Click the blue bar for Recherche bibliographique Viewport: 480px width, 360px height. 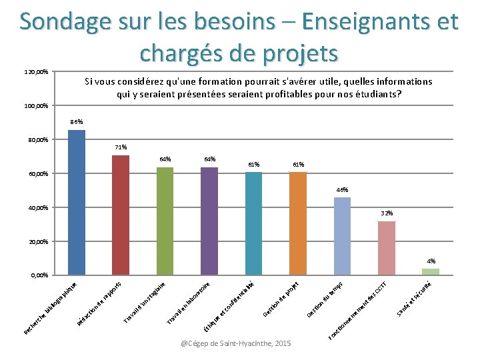77,202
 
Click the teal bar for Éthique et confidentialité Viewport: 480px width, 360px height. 254,223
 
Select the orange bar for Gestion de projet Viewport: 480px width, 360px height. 298,223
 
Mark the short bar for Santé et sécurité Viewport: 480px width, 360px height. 431,271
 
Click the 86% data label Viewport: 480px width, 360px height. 77,122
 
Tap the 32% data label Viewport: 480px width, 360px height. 387,213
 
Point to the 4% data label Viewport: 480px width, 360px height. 431,261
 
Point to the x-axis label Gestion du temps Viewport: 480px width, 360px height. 324,301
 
